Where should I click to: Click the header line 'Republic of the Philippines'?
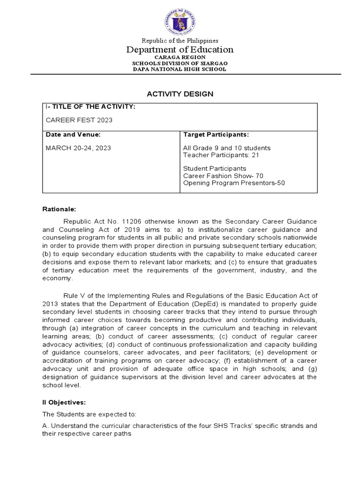(180, 41)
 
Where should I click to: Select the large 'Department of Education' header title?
(180, 50)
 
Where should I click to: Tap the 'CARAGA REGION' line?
(180, 57)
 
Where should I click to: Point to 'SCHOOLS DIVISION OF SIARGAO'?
(180, 63)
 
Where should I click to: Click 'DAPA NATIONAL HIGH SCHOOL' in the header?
(180, 69)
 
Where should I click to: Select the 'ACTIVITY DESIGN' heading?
(180, 94)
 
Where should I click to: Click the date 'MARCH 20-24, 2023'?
(78, 148)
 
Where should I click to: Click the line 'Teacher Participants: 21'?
(221, 155)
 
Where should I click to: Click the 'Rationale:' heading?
(59, 210)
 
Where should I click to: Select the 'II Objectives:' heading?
(64, 402)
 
